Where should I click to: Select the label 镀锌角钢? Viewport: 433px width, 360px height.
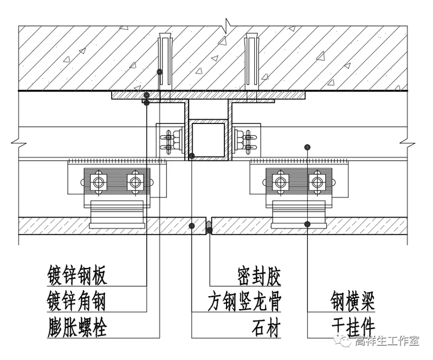[x=76, y=301]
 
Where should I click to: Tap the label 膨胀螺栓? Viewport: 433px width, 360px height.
[x=76, y=326]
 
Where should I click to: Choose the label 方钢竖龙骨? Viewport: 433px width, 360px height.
[x=244, y=301]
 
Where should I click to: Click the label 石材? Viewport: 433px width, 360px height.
[x=266, y=326]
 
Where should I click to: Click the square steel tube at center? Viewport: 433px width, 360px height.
[x=209, y=140]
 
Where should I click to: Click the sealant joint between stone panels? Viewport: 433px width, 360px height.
[x=209, y=227]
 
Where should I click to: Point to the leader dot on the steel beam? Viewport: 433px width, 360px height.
[x=307, y=147]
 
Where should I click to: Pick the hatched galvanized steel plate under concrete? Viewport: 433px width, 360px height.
[x=209, y=95]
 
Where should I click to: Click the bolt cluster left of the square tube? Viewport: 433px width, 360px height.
[x=170, y=140]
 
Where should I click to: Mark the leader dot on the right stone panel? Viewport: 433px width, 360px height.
[x=307, y=224]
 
